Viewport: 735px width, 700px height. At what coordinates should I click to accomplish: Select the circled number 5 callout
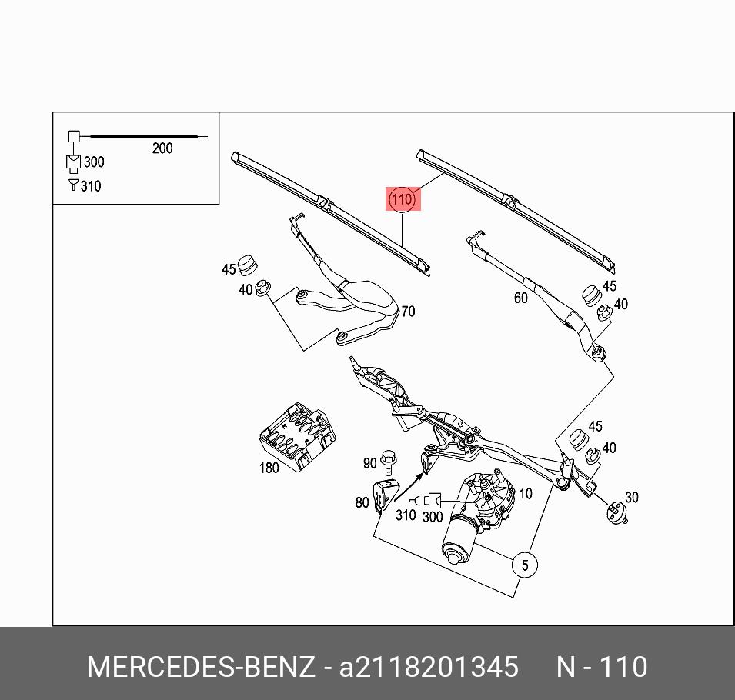point(524,565)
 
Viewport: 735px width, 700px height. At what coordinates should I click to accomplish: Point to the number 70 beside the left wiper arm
point(408,312)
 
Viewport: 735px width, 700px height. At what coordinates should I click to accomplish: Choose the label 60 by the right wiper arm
point(520,298)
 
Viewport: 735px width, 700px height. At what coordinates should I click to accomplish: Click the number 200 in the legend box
point(162,148)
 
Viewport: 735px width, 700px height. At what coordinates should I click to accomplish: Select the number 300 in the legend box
point(93,162)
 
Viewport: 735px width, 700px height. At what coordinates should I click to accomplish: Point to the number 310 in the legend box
point(90,186)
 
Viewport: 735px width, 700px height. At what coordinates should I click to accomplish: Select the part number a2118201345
point(429,667)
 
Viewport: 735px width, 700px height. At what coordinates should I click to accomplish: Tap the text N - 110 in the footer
point(602,667)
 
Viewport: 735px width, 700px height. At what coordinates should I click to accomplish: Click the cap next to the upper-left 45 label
point(248,264)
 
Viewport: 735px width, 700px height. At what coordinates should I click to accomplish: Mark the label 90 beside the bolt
point(370,463)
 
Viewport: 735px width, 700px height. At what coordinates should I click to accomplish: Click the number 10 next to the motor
point(526,494)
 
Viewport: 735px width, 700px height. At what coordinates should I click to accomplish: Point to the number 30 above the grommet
point(632,497)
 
